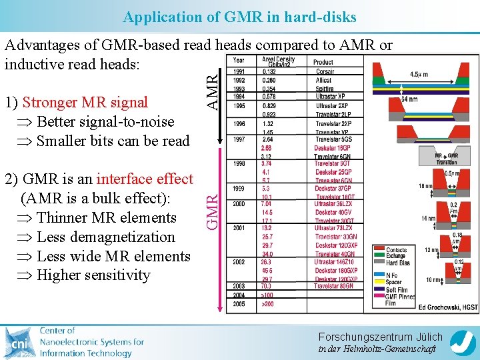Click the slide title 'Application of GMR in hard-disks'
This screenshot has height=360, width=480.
[240, 17]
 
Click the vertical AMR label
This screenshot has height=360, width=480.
[211, 93]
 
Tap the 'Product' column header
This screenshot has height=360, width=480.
[323, 62]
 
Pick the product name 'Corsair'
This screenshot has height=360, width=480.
[325, 72]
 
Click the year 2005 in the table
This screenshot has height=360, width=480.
[239, 304]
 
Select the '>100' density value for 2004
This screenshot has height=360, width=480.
[268, 295]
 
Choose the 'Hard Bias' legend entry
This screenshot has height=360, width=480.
[397, 263]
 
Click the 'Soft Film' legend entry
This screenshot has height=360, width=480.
[398, 289]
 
